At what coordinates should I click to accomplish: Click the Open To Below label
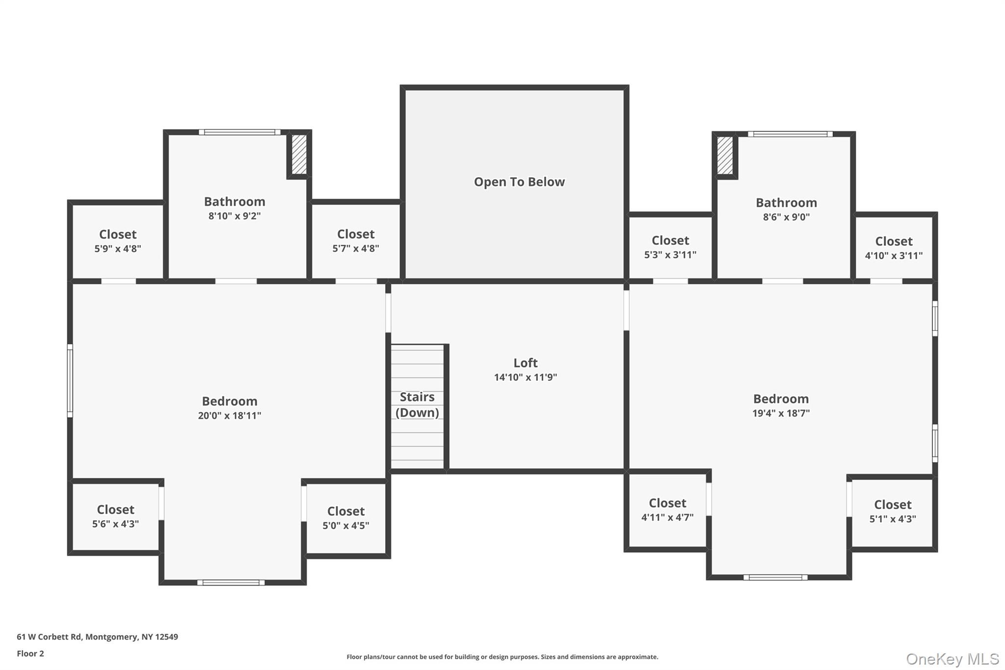pos(519,182)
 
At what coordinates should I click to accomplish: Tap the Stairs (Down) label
pos(417,405)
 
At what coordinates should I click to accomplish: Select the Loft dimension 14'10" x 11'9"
pos(525,377)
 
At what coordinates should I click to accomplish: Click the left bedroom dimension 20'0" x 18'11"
pos(229,416)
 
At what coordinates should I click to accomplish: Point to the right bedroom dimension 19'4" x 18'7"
pos(781,413)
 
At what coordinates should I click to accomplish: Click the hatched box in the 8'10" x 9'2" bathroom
pos(299,154)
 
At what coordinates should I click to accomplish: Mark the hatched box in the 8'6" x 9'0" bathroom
pos(725,155)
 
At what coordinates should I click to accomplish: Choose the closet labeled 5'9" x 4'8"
pos(118,241)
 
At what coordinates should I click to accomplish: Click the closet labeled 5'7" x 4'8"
pos(356,241)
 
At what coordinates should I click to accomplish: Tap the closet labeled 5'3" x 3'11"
pos(670,247)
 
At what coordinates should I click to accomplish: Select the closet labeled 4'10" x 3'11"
pos(894,248)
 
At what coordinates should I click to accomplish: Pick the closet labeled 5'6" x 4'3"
pos(115,516)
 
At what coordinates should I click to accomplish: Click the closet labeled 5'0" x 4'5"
pos(345,518)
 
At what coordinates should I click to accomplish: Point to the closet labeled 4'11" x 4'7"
pos(667,509)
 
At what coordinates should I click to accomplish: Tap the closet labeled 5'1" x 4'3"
pos(892,511)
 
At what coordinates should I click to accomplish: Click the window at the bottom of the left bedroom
pos(231,583)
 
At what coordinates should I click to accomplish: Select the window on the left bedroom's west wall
pos(70,381)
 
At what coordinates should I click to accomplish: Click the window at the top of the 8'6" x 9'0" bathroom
pos(790,134)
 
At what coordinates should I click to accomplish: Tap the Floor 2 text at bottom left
pos(30,653)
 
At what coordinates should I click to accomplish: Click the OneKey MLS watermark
pos(952,659)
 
